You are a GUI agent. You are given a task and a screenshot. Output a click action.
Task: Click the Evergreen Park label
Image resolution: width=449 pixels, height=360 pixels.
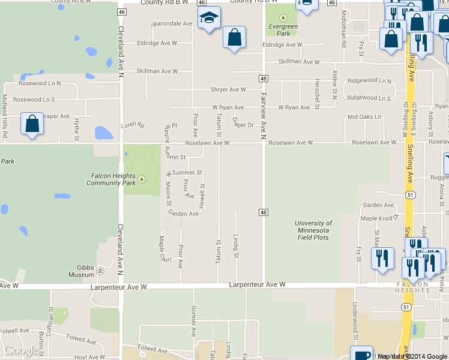[283, 30]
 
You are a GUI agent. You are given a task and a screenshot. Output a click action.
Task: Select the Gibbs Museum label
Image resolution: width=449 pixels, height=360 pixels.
[82, 271]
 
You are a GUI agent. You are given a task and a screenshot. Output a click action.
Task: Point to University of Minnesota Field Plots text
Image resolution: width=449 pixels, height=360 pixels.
[313, 230]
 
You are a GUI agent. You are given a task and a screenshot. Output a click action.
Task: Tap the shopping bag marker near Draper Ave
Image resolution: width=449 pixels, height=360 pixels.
[32, 124]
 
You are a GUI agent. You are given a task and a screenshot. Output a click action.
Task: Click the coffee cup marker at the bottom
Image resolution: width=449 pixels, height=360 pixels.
[361, 354]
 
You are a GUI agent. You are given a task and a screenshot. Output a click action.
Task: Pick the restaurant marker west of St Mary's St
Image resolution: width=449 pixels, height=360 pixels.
[382, 259]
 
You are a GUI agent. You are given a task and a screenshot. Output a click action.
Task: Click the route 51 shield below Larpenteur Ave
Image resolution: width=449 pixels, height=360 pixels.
[406, 307]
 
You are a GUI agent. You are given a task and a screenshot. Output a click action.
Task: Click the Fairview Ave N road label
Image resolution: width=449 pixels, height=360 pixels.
[263, 116]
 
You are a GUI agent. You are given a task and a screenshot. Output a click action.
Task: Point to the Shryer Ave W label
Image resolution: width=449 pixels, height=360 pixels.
[228, 90]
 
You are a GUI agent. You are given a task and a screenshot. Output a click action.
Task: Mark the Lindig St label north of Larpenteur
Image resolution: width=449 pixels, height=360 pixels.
[237, 247]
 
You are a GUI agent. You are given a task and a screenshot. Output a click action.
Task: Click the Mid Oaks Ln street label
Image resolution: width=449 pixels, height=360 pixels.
[364, 116]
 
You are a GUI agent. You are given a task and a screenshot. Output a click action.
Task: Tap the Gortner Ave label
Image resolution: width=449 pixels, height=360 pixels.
[193, 320]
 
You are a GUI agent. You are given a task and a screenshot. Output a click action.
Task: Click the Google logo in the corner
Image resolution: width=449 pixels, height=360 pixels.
[22, 350]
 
